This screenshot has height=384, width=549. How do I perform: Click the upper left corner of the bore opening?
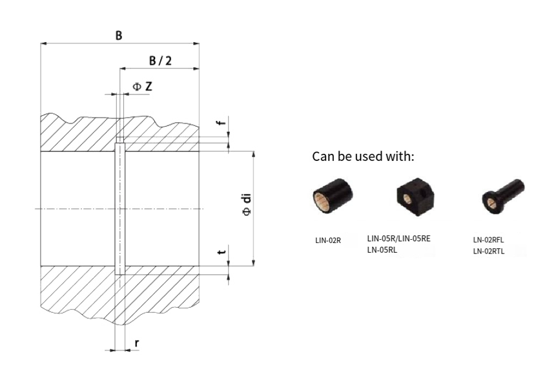point(41,151)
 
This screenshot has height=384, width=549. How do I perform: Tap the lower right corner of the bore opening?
point(199,266)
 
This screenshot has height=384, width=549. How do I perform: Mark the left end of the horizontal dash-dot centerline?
point(36,209)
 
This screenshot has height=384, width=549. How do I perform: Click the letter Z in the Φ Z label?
point(149,86)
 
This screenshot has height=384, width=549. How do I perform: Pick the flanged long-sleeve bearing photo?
point(502,197)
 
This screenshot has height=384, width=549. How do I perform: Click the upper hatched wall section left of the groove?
point(78,133)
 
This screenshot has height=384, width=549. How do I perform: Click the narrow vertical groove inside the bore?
point(119,209)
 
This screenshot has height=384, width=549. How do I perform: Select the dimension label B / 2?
point(160,61)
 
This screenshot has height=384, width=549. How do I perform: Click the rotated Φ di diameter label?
point(247,205)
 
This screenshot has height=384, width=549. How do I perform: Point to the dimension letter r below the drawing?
point(136,343)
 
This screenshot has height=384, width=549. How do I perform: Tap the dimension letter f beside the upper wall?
point(221,123)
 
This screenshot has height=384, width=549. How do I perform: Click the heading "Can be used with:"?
point(363,156)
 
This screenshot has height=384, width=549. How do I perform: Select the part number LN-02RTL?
point(489,251)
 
